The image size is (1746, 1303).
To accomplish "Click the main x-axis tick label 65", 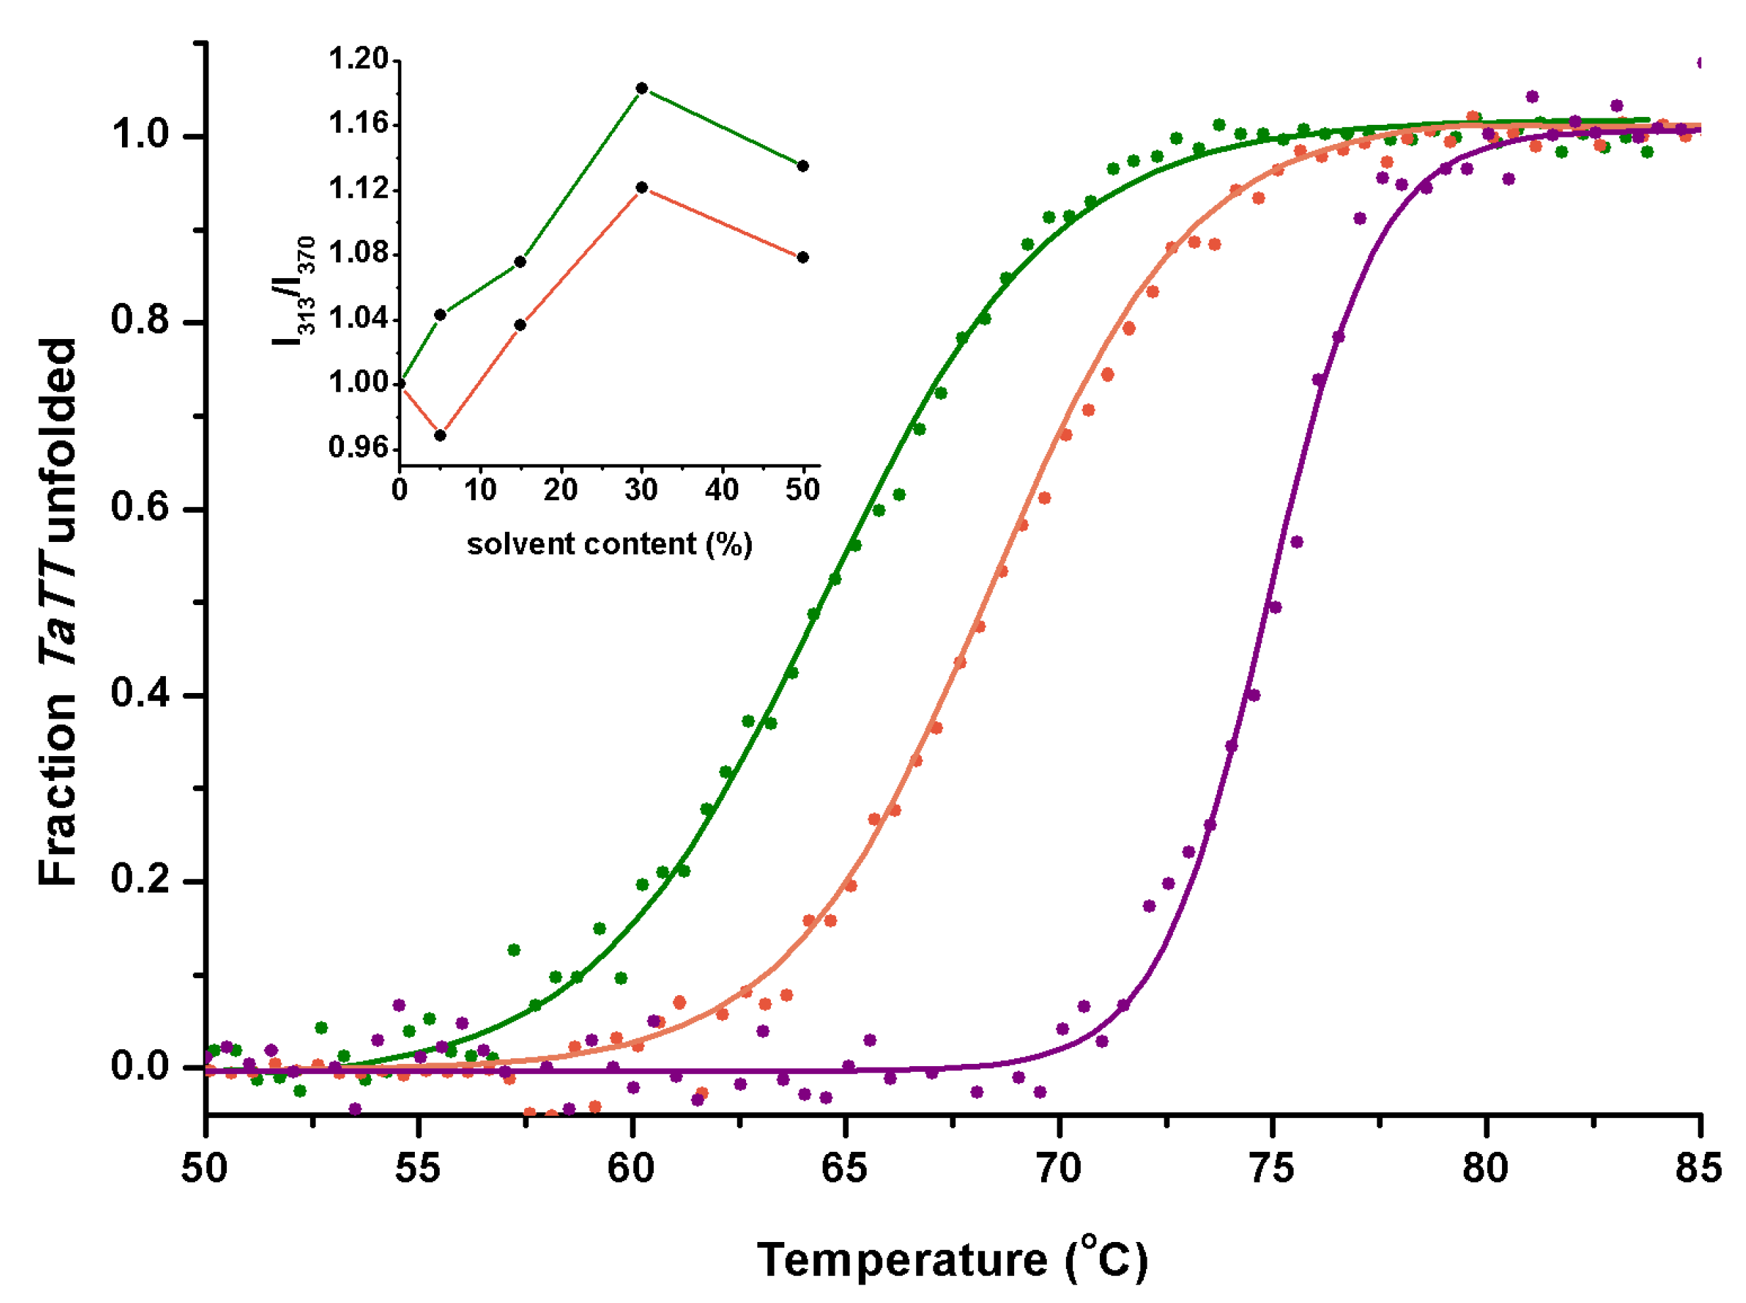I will click(844, 1168).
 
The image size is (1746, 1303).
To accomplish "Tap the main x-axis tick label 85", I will click(1698, 1168).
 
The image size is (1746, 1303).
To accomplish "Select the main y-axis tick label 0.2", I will click(140, 879).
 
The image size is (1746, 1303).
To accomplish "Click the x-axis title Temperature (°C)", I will click(952, 1260).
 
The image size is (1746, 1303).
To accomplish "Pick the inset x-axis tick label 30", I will click(641, 491).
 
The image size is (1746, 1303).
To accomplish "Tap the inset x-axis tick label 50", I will click(802, 491).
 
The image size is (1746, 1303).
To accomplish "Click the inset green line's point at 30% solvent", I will click(642, 89).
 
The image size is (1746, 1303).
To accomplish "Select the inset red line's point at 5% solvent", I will click(441, 435).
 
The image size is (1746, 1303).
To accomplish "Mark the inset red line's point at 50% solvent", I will click(803, 257).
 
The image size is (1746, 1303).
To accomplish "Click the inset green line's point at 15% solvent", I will click(521, 262).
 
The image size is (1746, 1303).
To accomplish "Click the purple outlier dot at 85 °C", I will click(1701, 63).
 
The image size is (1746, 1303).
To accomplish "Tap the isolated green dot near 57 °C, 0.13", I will click(514, 950).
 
